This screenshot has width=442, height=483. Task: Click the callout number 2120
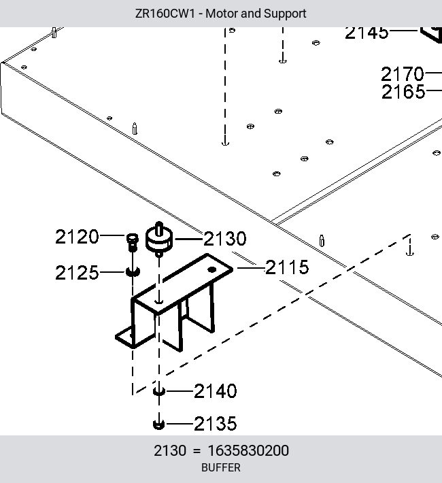(77, 237)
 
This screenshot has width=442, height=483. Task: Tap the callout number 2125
(77, 273)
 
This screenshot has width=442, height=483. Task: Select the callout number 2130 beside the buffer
(225, 239)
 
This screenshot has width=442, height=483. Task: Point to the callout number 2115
(287, 267)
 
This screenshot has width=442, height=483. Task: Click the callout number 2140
(216, 391)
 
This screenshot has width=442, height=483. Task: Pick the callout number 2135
(216, 424)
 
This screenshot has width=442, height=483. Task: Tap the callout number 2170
(403, 74)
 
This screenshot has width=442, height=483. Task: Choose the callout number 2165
(403, 92)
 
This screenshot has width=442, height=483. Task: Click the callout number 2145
(367, 33)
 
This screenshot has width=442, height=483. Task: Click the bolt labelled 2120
(133, 242)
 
